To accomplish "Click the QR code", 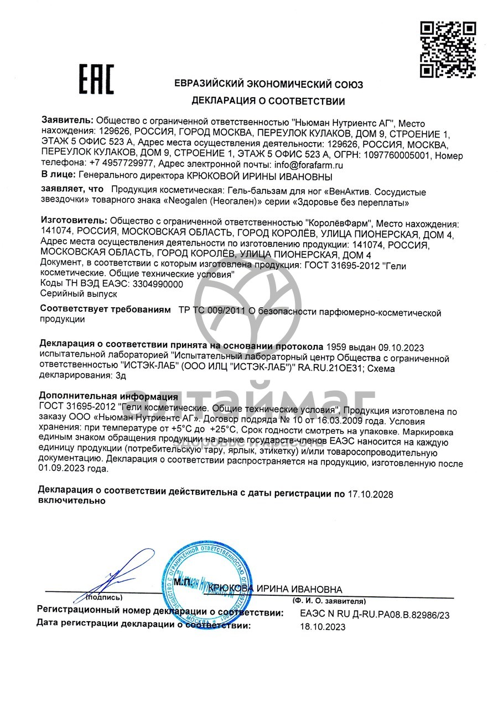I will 448,49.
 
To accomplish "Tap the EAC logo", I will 96,79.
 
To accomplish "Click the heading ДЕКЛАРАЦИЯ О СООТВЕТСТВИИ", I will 268,101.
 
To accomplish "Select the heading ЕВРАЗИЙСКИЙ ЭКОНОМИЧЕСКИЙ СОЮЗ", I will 269,85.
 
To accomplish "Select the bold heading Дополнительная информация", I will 108,396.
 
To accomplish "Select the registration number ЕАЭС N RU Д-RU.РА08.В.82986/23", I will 375,613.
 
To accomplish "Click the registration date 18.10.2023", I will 323,627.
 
